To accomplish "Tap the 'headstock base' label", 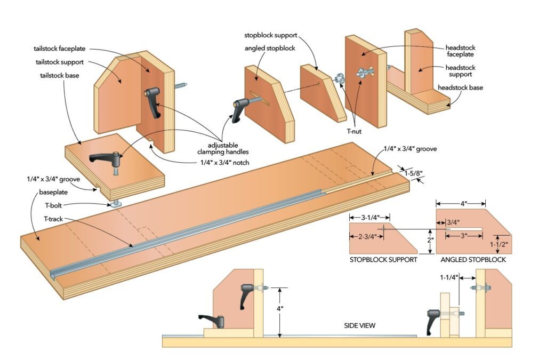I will point(460,87).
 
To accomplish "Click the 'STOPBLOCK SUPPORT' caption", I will point(383,260).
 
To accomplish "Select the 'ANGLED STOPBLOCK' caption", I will point(473,260).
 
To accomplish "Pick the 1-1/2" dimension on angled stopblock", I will point(497,244).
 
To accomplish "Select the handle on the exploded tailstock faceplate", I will point(152,102).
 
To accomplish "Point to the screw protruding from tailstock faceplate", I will point(181,84).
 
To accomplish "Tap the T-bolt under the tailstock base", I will point(116,202).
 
